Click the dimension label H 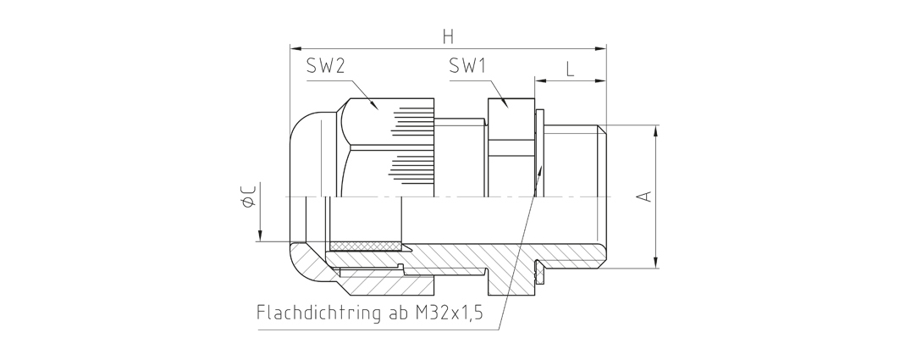coord(448,36)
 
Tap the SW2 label coord(325,67)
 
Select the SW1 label coord(467,67)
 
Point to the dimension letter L coord(570,69)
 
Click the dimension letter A coord(646,196)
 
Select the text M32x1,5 coord(449,313)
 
